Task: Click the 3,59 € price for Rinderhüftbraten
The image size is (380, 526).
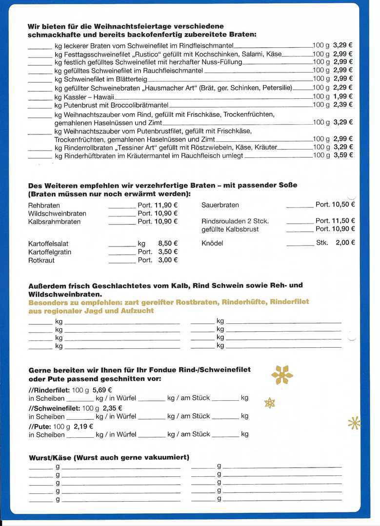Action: tap(343, 155)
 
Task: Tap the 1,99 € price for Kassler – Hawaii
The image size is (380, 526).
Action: tap(343, 96)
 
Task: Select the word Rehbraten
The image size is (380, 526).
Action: tap(44, 206)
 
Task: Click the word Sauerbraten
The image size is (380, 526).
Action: tap(220, 205)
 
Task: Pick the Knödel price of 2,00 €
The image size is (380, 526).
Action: tap(345, 243)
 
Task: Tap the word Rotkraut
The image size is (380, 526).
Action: tap(41, 261)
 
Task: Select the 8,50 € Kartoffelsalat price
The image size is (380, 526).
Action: tap(168, 243)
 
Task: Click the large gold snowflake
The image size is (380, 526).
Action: tap(282, 375)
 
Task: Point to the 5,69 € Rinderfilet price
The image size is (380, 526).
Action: tap(102, 390)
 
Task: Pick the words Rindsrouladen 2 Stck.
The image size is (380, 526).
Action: tap(235, 221)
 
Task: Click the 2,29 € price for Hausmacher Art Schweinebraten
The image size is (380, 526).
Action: tap(343, 88)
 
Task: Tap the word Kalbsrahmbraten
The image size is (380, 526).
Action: tap(54, 222)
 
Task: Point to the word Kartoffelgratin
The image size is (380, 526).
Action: tap(50, 252)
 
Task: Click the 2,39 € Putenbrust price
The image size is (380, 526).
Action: tap(343, 105)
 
